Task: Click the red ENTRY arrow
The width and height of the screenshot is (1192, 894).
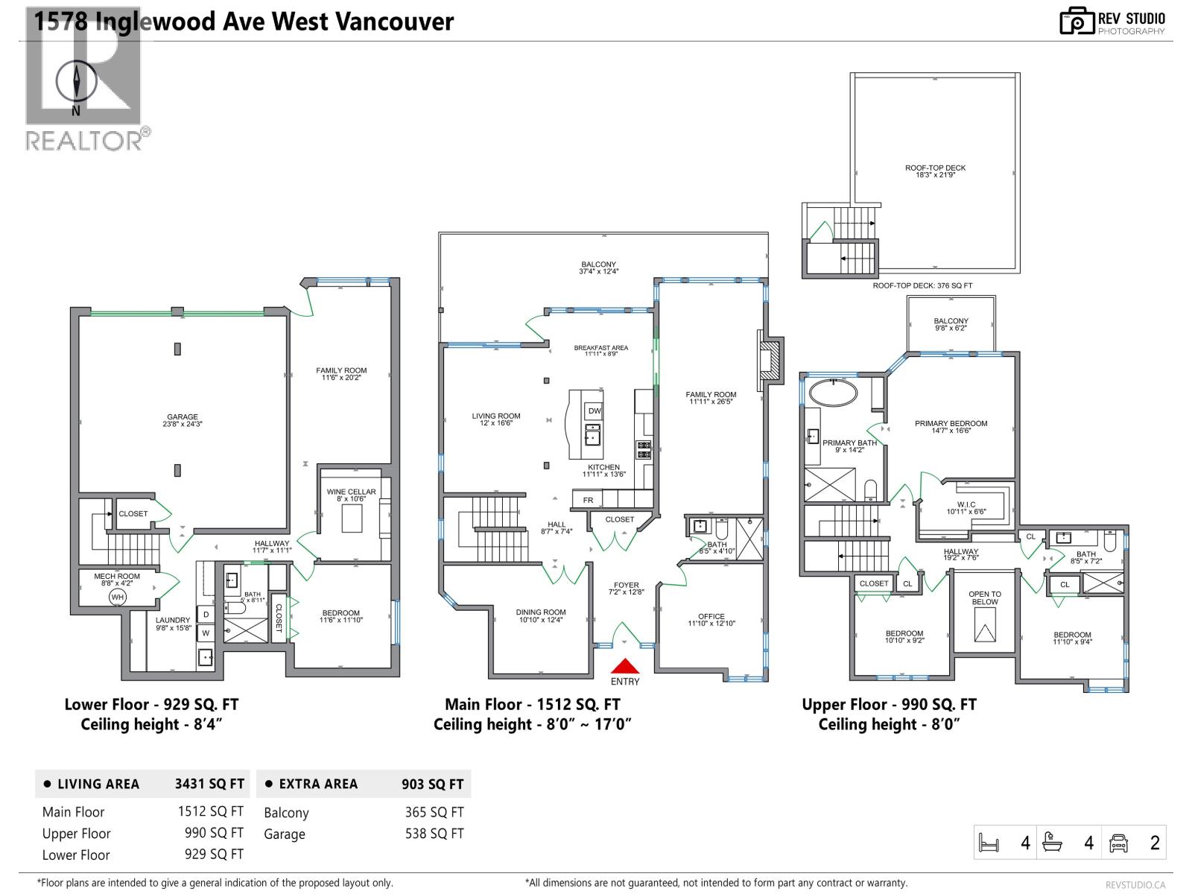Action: pyautogui.click(x=625, y=666)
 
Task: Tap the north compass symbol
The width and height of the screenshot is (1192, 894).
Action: pyautogui.click(x=76, y=81)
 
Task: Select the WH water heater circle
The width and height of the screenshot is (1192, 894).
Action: pyautogui.click(x=118, y=597)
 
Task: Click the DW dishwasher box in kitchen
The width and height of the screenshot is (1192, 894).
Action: pyautogui.click(x=594, y=410)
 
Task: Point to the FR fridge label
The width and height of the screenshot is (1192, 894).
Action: pyautogui.click(x=588, y=500)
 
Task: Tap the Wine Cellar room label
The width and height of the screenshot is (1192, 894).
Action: pyautogui.click(x=351, y=492)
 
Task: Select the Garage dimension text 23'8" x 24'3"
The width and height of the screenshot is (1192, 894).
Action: pyautogui.click(x=183, y=424)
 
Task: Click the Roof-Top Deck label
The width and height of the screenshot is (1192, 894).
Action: pyautogui.click(x=935, y=168)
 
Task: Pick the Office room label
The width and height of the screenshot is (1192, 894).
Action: pyautogui.click(x=711, y=616)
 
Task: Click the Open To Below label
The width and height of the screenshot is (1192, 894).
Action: pyautogui.click(x=984, y=597)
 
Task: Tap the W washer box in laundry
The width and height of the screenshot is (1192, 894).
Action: pyautogui.click(x=206, y=633)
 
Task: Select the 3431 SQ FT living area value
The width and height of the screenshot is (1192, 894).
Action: pyautogui.click(x=209, y=784)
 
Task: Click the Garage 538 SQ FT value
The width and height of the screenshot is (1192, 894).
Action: pyautogui.click(x=434, y=834)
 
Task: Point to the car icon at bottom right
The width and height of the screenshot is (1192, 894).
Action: pyautogui.click(x=1118, y=843)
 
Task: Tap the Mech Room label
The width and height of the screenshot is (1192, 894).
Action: pyautogui.click(x=117, y=576)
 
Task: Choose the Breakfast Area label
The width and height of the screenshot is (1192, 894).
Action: pyautogui.click(x=600, y=347)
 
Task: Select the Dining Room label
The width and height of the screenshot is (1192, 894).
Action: pyautogui.click(x=540, y=612)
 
